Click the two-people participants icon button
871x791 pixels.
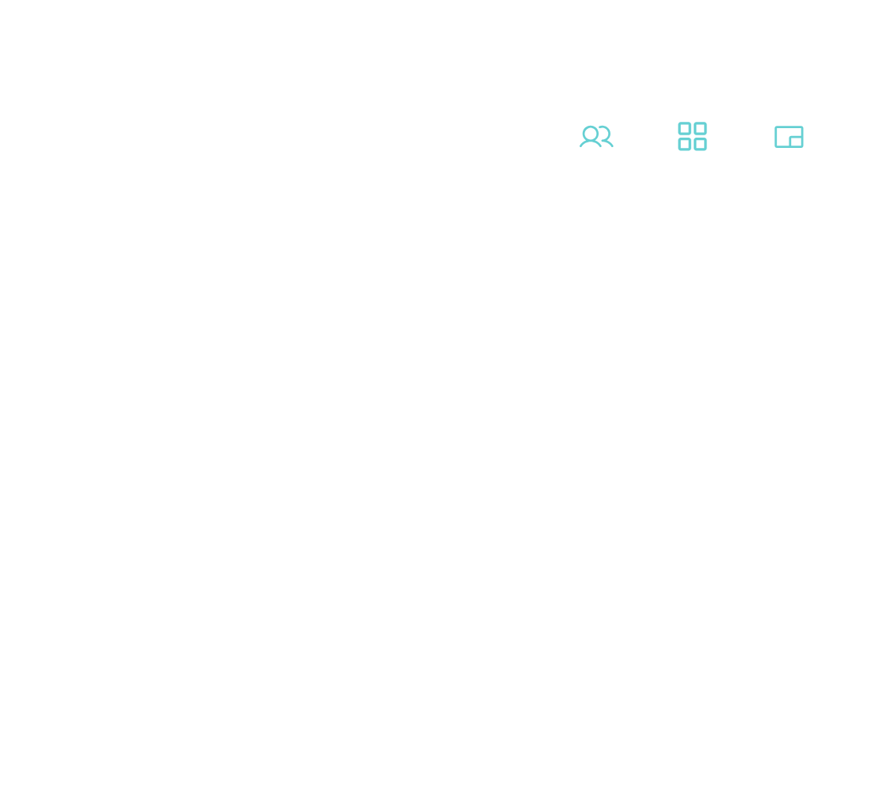tap(596, 136)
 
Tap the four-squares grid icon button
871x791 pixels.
tap(692, 136)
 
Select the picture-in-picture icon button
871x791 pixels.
tap(788, 136)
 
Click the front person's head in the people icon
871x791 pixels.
tap(590, 134)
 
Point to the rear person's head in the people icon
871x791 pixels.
tap(603, 133)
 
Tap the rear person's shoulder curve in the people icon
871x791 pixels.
tap(609, 142)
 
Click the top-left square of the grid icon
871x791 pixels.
tap(685, 129)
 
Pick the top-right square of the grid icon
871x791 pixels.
tap(700, 129)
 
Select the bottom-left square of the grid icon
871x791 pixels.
tap(685, 144)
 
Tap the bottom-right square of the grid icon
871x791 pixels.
tap(700, 144)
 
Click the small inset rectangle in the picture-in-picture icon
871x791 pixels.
tap(795, 142)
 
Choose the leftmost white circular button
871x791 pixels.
tap(596, 136)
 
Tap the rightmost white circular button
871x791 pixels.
tap(788, 136)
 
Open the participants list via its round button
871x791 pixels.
tap(596, 136)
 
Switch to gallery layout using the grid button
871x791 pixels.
tap(692, 136)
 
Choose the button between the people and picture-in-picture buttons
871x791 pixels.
tap(692, 136)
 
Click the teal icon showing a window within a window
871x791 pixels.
tap(788, 136)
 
